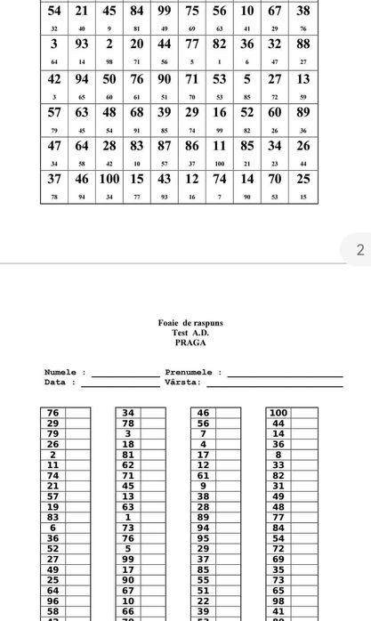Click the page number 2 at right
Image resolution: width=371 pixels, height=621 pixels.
click(x=360, y=250)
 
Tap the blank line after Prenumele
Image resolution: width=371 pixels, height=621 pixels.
click(x=285, y=374)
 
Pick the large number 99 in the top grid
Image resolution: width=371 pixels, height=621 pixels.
click(x=165, y=11)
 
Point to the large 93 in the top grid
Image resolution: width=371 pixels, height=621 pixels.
click(x=82, y=44)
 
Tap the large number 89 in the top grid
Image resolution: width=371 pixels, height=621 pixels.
click(x=302, y=112)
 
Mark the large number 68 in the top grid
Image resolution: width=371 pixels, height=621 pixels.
click(x=137, y=112)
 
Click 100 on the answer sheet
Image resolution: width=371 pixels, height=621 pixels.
click(x=278, y=413)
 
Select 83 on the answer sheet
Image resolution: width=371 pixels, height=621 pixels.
click(x=52, y=517)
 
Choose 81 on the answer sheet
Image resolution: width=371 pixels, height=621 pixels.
click(x=128, y=455)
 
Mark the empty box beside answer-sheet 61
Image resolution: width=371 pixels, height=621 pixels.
click(x=229, y=475)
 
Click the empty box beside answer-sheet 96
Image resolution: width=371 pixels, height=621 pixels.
click(x=78, y=600)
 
